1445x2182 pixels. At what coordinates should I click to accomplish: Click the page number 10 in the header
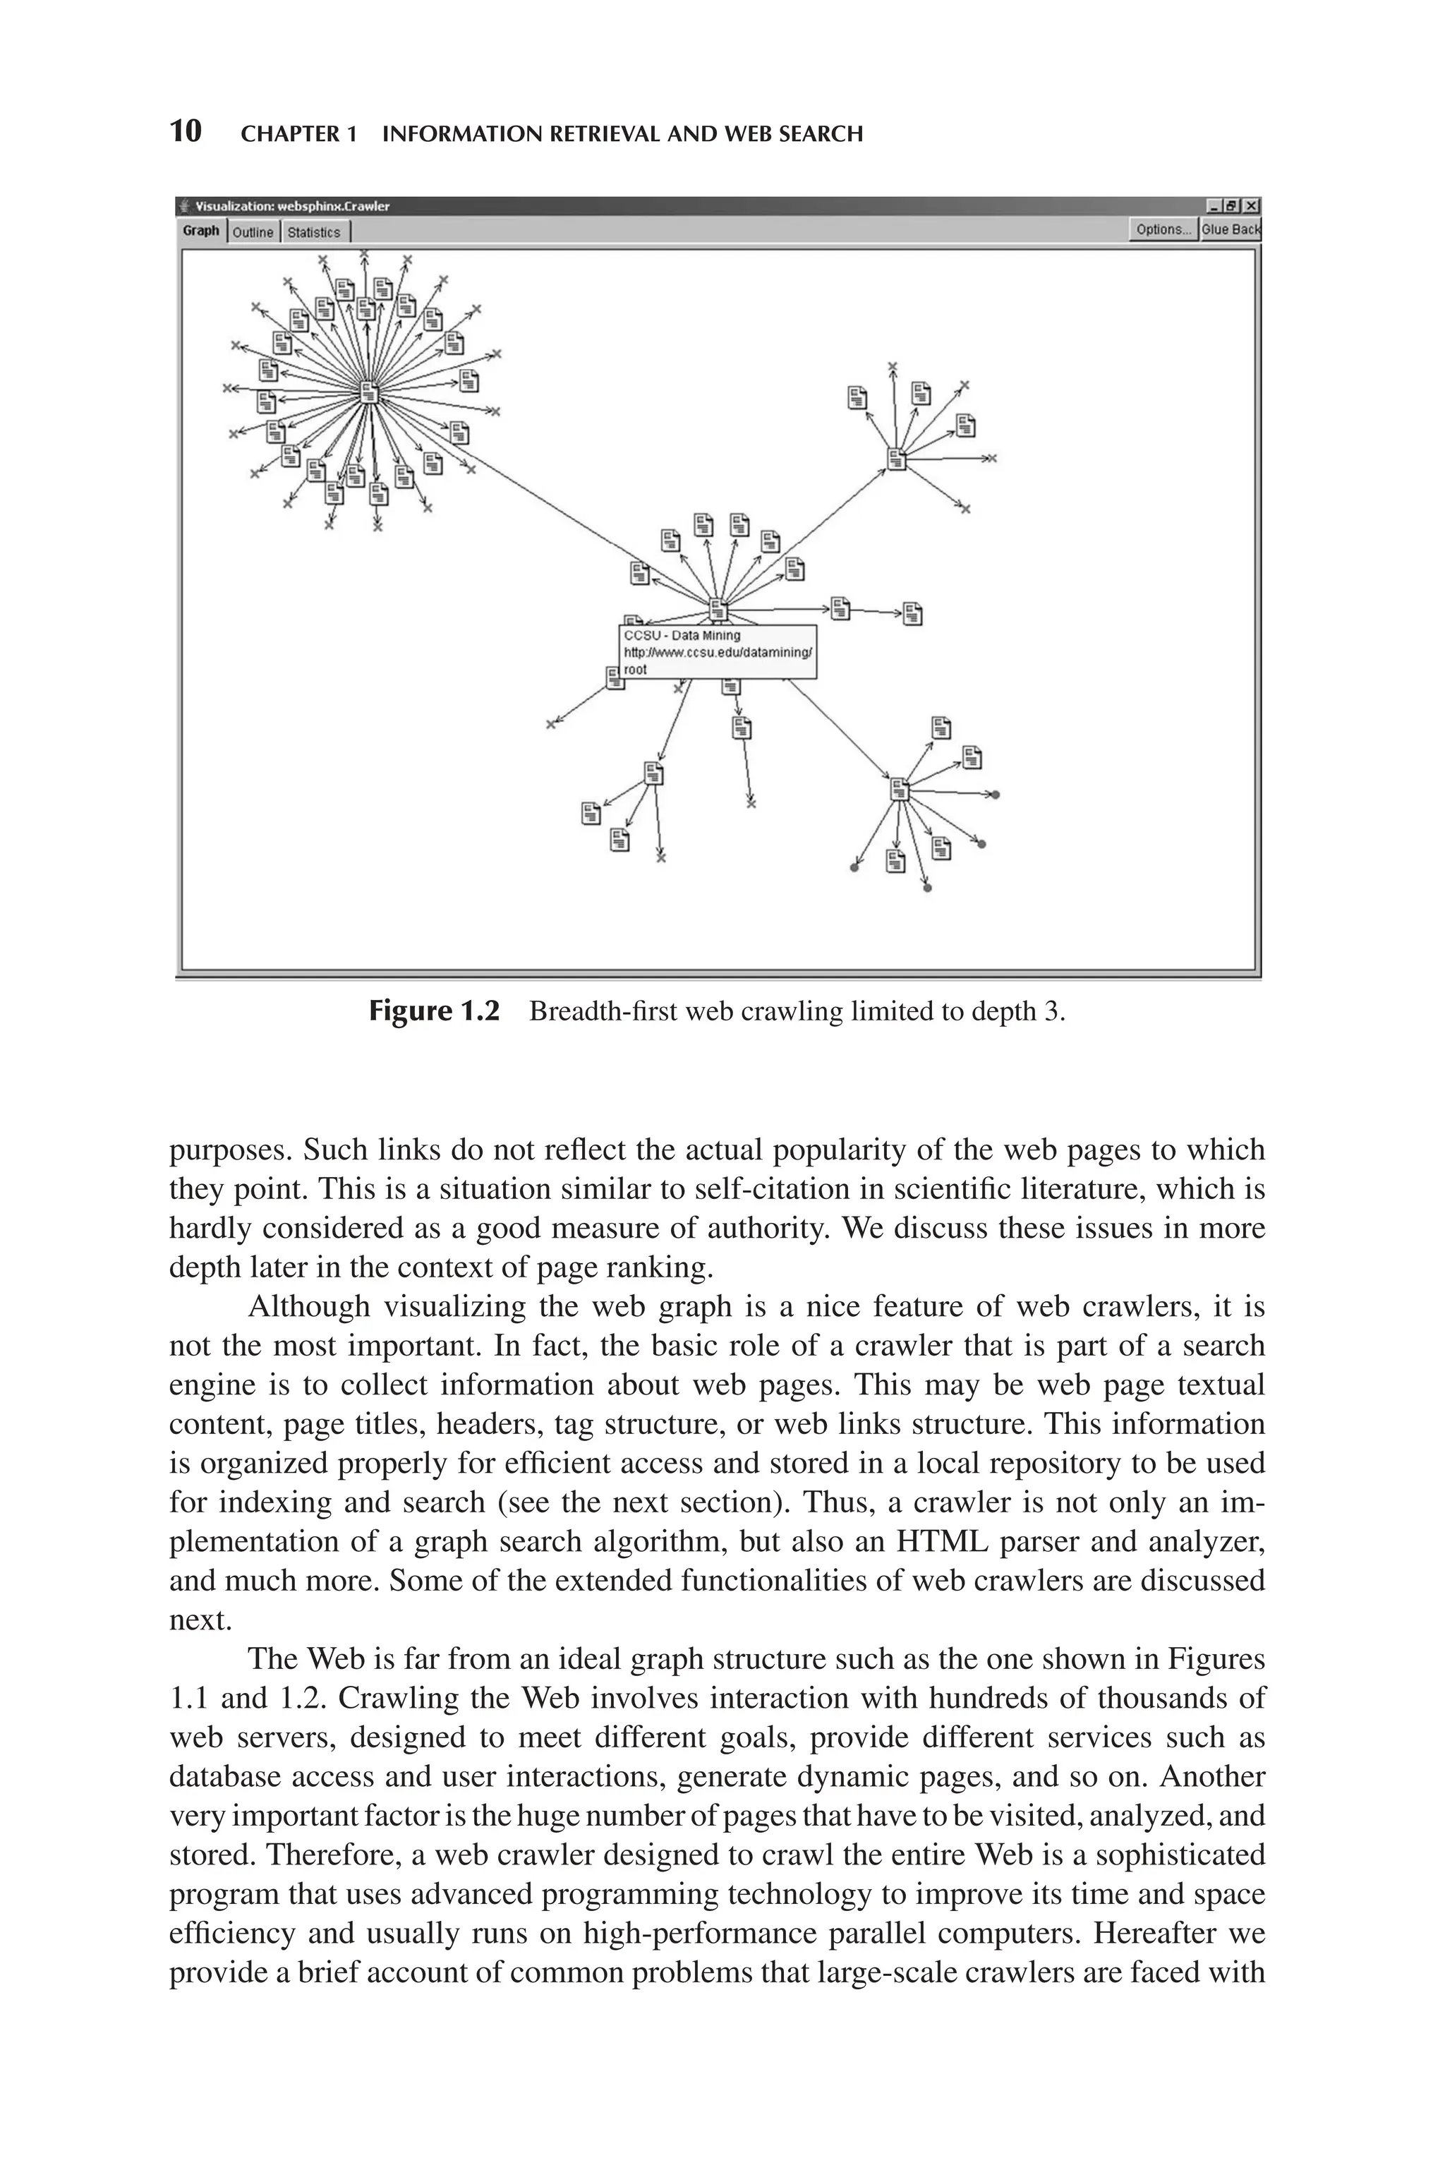[x=186, y=132]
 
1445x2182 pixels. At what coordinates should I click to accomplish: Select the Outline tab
[x=253, y=232]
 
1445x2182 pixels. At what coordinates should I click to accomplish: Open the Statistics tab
[x=313, y=232]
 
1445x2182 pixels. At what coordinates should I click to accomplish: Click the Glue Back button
[x=1231, y=229]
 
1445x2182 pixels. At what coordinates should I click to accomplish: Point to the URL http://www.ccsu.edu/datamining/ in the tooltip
[x=718, y=652]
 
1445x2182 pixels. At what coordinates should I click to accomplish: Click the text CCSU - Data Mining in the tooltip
[x=682, y=635]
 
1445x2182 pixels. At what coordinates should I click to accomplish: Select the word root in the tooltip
[x=635, y=670]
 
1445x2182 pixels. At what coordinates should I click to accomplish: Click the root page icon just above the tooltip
[x=718, y=610]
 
